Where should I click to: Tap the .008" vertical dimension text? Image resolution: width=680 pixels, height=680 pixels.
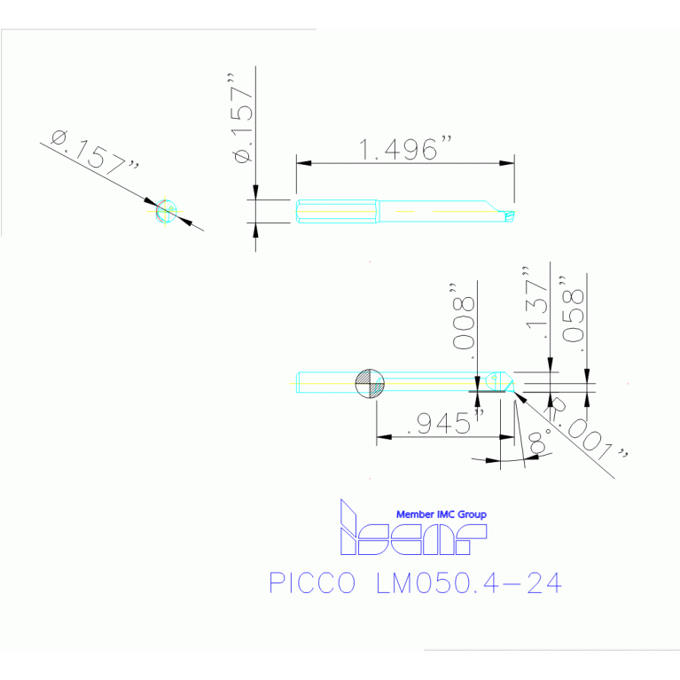pos(464,314)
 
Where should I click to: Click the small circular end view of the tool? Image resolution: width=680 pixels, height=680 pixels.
pos(164,211)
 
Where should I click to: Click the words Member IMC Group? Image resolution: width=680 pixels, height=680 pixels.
pos(441,514)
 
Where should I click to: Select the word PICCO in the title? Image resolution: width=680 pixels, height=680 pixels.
pos(311,583)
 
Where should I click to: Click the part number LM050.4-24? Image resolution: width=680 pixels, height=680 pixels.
pos(469,583)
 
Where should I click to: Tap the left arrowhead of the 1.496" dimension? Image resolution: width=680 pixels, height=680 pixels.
pos(302,163)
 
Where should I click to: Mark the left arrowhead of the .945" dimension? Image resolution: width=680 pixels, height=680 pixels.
pos(382,436)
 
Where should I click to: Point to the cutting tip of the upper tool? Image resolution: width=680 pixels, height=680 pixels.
pos(512,214)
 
